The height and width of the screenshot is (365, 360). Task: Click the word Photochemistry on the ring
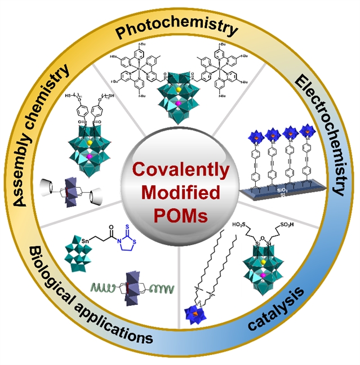(180, 28)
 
